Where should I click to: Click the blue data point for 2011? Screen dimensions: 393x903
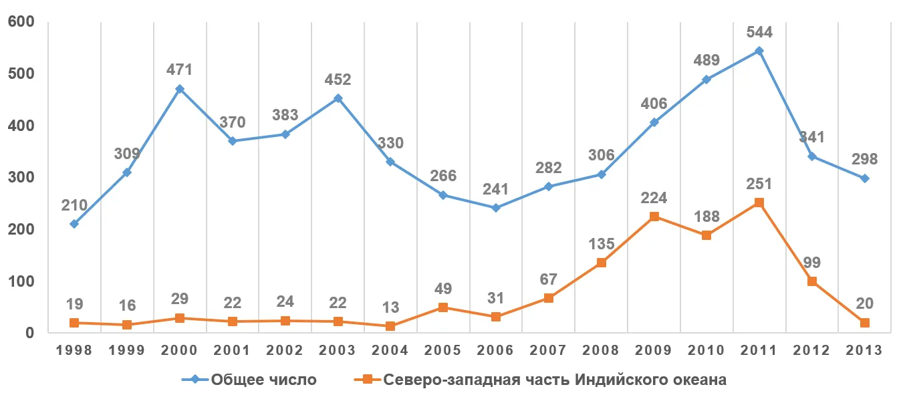tap(759, 51)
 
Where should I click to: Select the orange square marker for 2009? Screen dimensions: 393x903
tap(654, 217)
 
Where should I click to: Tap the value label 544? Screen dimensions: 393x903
tap(759, 32)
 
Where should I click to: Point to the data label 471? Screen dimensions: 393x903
tap(179, 70)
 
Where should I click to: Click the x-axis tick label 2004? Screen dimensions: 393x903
tap(390, 351)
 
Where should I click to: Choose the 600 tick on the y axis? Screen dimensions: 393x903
tap(21, 22)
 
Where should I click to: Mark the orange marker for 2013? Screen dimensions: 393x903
tap(864, 323)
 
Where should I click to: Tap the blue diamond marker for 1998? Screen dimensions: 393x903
tap(74, 224)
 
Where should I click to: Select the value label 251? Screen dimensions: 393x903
tap(759, 184)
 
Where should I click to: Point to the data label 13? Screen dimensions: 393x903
tap(390, 308)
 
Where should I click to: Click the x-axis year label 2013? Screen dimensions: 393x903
tap(864, 351)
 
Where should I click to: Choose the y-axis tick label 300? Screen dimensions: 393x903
tap(21, 178)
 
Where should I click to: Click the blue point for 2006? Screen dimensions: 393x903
tap(496, 208)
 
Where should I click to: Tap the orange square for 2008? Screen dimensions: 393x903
tap(601, 263)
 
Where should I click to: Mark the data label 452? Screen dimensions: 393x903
tap(338, 80)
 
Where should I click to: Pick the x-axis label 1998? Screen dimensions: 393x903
tap(74, 351)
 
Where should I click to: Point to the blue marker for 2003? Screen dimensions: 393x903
tap(338, 98)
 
